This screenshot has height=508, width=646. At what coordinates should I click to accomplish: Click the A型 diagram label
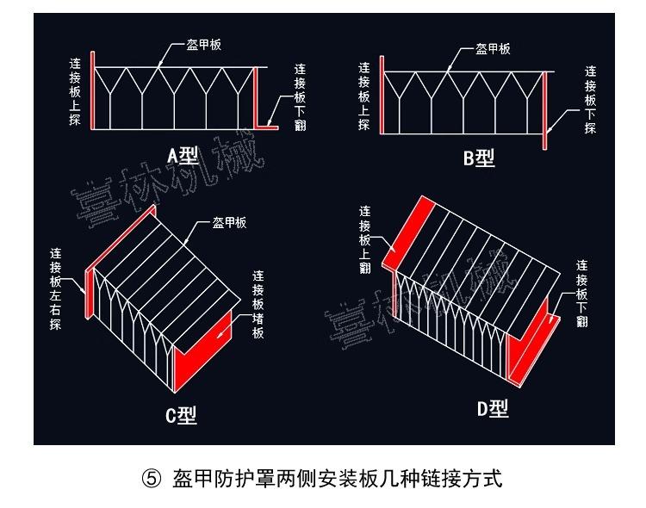click(183, 155)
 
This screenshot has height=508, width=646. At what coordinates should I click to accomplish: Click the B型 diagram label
click(480, 158)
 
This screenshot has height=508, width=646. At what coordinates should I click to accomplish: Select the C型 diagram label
click(181, 416)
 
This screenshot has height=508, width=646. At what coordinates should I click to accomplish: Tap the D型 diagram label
click(493, 409)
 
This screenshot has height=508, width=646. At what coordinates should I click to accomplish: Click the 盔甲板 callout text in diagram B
click(493, 49)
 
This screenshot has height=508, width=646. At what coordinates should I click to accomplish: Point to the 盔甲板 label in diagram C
click(229, 223)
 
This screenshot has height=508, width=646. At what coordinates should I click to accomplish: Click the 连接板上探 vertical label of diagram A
click(76, 90)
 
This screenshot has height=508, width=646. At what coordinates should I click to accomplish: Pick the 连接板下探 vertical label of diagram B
click(590, 99)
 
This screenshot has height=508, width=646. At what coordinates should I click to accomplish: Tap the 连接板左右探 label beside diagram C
click(56, 289)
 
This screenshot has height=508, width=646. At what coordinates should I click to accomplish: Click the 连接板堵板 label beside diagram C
click(258, 306)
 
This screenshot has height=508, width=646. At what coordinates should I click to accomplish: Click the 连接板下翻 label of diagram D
click(582, 293)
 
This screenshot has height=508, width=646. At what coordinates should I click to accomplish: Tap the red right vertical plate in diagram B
click(545, 108)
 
